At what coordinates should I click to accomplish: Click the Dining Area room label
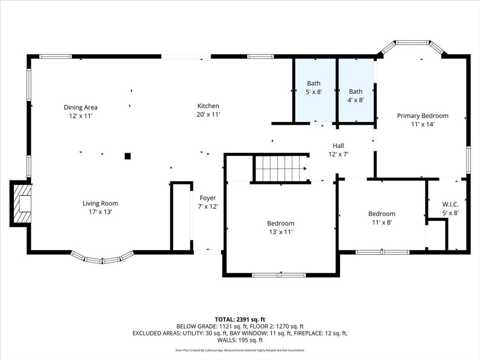tap(81, 107)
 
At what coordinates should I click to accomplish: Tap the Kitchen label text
tap(208, 106)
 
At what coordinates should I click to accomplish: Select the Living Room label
tap(100, 203)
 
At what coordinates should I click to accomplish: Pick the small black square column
tap(127, 156)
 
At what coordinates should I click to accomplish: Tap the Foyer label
tap(208, 198)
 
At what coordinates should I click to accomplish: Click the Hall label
tap(338, 146)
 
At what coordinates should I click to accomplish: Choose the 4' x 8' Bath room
tap(356, 90)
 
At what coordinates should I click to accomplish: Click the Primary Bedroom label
tap(423, 116)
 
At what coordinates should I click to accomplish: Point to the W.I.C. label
tap(450, 204)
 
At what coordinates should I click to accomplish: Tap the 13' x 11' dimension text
tap(281, 232)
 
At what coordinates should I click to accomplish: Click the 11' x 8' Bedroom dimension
tap(382, 222)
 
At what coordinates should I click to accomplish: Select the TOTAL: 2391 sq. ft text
tap(240, 320)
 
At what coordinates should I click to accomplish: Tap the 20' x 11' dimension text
tap(209, 114)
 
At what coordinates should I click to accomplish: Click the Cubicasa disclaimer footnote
tap(240, 350)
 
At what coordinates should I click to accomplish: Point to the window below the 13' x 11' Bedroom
tap(279, 275)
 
